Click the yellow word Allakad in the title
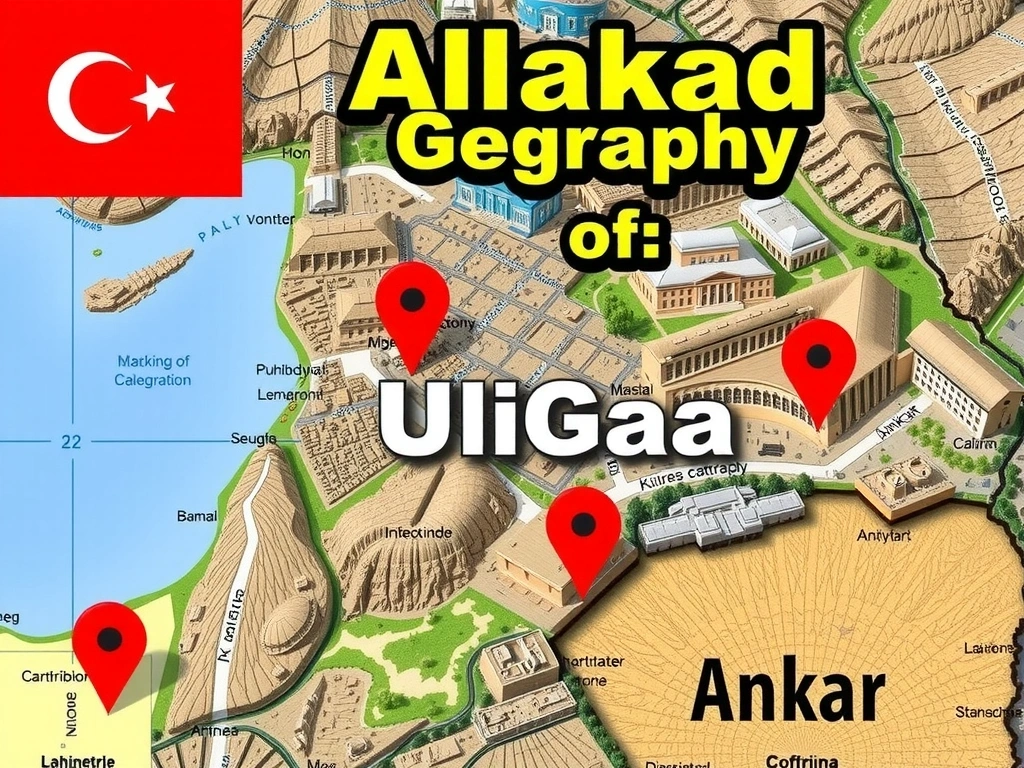[581, 73]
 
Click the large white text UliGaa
[556, 421]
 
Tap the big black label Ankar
[787, 691]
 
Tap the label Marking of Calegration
[153, 370]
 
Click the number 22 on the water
[71, 441]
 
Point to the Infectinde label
[419, 533]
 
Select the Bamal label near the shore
[197, 517]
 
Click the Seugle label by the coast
[253, 438]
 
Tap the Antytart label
[885, 536]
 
